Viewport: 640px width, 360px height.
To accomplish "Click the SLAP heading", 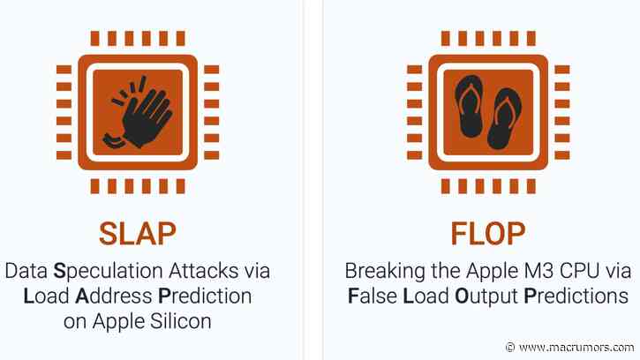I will click(137, 234).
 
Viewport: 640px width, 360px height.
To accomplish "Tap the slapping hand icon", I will click(138, 111).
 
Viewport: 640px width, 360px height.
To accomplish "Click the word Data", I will click(25, 271).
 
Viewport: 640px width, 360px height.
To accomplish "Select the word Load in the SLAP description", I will click(42, 296).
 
